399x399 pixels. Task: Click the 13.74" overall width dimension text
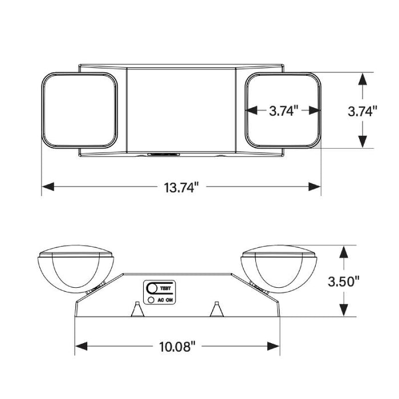point(181,187)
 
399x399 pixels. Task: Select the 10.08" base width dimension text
point(177,346)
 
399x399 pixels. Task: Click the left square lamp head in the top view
point(79,109)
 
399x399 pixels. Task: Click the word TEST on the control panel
point(166,289)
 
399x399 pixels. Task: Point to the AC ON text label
point(166,299)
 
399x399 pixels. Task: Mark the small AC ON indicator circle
point(150,299)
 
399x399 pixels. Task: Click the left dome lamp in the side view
point(76,271)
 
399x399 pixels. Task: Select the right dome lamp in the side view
point(279,271)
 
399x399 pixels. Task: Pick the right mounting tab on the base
point(217,308)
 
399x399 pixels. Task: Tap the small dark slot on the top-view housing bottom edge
point(164,153)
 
